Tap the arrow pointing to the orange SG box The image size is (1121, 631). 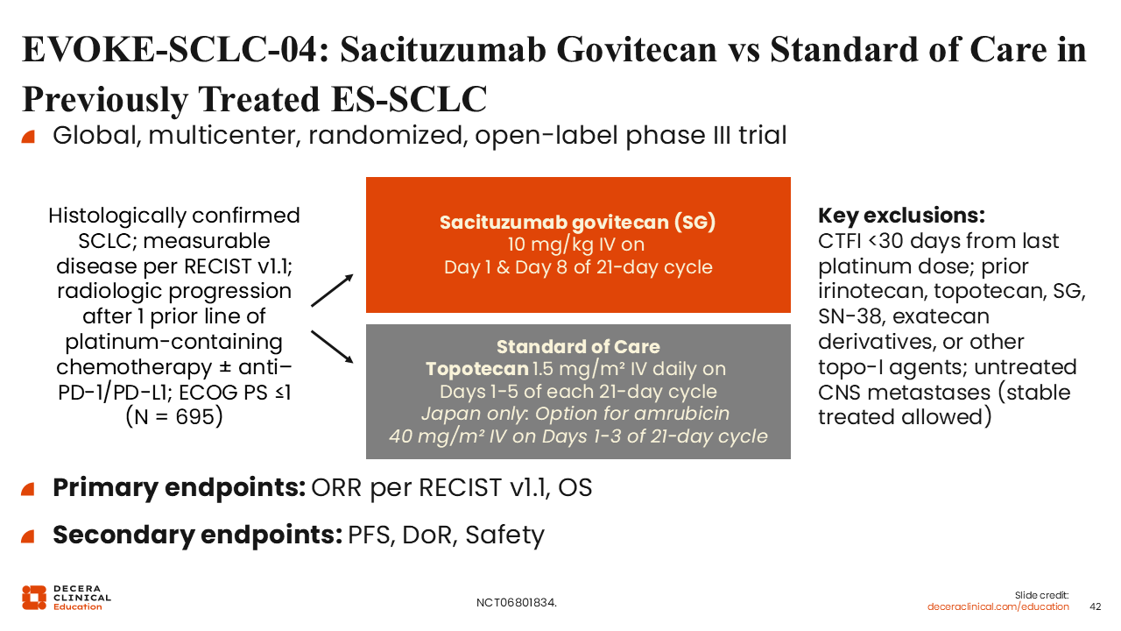pos(332,290)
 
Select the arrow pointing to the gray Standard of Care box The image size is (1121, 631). pos(332,346)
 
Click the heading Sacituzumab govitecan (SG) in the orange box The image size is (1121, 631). pos(577,223)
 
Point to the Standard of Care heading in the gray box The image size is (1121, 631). pos(578,346)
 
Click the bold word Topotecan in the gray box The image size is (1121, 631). pos(477,369)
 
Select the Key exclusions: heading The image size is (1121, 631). pos(901,216)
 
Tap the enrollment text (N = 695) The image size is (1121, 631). pos(174,416)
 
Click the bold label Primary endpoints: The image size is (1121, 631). pos(180,488)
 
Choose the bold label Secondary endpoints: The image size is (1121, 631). pos(198,535)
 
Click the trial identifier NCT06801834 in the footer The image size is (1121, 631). pos(515,603)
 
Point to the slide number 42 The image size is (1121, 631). pos(1095,606)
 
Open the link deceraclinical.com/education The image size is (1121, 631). pos(998,607)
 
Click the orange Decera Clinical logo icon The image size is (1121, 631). pos(34,598)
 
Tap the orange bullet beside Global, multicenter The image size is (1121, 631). pos(28,137)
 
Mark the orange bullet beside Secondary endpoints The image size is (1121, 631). pos(28,536)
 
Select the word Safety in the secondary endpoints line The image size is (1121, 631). pos(504,535)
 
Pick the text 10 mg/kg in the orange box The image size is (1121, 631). pos(550,245)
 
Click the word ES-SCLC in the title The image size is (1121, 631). pos(409,99)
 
